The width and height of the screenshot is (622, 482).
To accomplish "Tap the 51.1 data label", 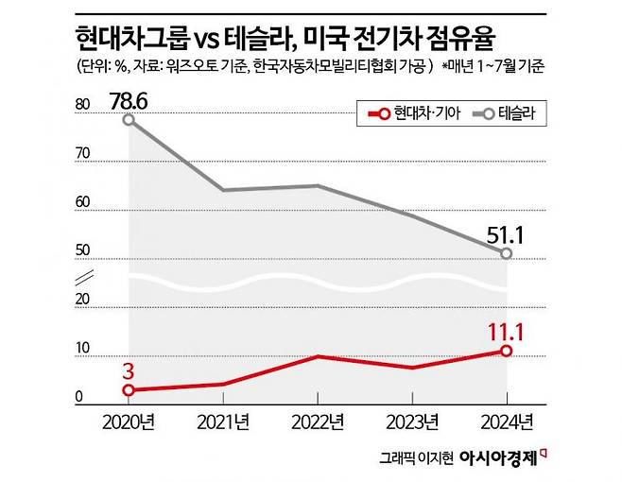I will [508, 232].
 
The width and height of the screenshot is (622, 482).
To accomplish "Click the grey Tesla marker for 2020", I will [129, 120].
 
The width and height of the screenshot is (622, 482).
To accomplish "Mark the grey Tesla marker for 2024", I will [507, 253].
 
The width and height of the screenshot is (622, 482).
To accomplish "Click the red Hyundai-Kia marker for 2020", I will [129, 389].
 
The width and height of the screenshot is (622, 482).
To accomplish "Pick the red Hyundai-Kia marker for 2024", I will [507, 351].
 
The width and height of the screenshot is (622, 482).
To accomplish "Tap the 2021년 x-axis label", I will [223, 420].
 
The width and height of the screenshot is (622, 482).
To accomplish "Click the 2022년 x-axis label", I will [318, 420].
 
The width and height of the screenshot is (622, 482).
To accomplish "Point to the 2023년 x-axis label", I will [412, 420].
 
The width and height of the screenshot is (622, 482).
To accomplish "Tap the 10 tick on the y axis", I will [81, 349].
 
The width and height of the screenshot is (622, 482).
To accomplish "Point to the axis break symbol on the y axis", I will [83, 277].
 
